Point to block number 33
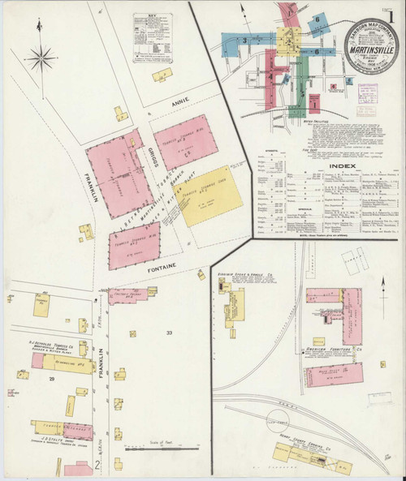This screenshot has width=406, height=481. (x=170, y=332)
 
